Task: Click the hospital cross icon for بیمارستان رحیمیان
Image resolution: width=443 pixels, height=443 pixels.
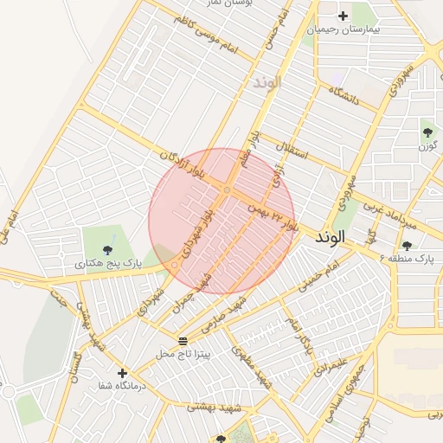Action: [x=343, y=16]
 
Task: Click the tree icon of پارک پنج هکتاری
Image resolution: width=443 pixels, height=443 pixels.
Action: [x=107, y=249]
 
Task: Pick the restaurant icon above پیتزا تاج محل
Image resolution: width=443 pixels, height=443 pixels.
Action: [x=182, y=340]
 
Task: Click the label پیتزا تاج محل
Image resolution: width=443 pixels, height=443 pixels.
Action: [x=184, y=354]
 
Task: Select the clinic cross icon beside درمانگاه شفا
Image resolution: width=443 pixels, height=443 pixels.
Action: [x=122, y=372]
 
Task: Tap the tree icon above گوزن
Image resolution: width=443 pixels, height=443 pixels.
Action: [x=427, y=132]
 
